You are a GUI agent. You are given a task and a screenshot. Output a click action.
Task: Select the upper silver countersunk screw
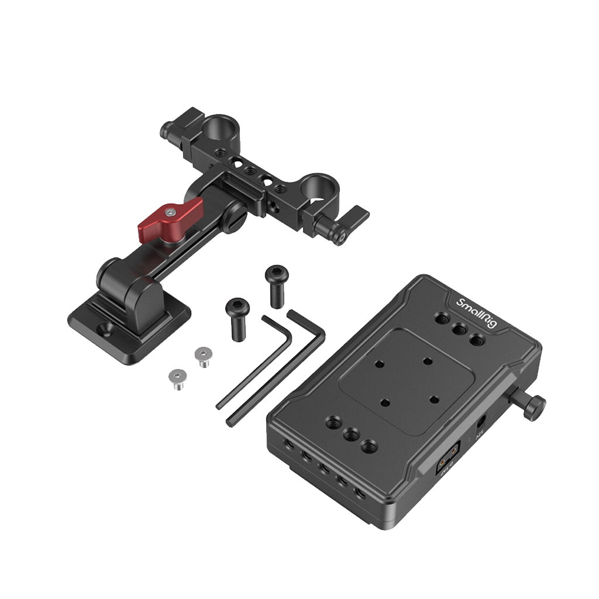[x=203, y=356]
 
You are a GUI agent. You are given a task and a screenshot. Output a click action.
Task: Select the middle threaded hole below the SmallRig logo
[x=460, y=329]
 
